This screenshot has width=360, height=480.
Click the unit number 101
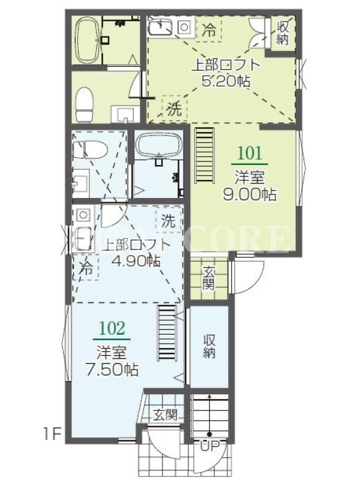click(x=250, y=153)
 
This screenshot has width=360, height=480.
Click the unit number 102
click(x=112, y=328)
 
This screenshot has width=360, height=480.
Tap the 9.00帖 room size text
click(x=249, y=194)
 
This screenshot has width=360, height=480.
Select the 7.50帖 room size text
click(x=112, y=370)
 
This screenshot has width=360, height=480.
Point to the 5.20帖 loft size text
click(x=226, y=81)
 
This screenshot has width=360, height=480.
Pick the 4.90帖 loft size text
click(x=136, y=261)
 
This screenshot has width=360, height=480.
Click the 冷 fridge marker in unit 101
click(x=209, y=31)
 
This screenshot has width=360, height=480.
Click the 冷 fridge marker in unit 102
click(x=86, y=268)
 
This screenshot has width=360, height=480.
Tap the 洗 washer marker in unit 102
click(x=168, y=220)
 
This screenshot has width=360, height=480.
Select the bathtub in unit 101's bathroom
click(x=87, y=40)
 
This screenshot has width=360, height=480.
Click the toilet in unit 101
click(x=85, y=104)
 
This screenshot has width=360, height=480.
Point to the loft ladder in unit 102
click(x=167, y=333)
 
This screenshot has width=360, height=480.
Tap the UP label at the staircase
click(x=209, y=446)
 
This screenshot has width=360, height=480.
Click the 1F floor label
click(x=53, y=434)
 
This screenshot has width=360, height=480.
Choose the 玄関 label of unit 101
click(x=208, y=278)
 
